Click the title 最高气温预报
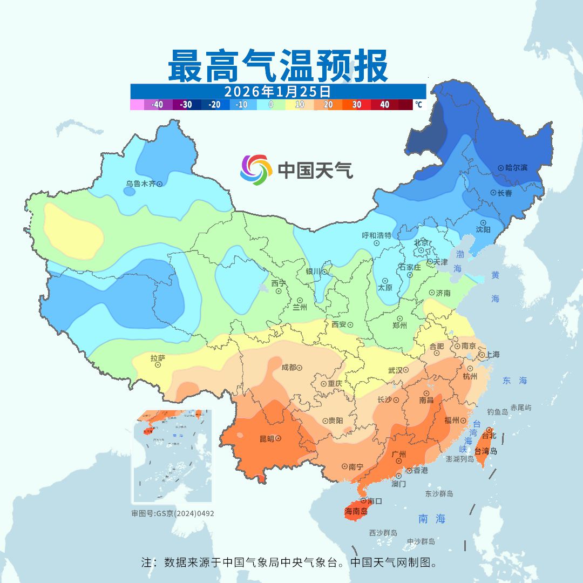pyautogui.click(x=277, y=66)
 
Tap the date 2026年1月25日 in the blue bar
pyautogui.click(x=277, y=91)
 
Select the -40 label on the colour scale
pyautogui.click(x=158, y=105)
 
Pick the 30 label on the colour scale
pyautogui.click(x=357, y=105)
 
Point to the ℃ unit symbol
pyautogui.click(x=418, y=105)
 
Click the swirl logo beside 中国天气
pyautogui.click(x=256, y=170)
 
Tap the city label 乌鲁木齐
pyautogui.click(x=140, y=184)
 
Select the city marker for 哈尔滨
pyautogui.click(x=500, y=168)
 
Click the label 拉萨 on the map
pyautogui.click(x=158, y=357)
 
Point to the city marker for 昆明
pyautogui.click(x=278, y=439)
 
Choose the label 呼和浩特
pyautogui.click(x=376, y=235)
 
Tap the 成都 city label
pyautogui.click(x=288, y=368)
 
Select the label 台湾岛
pyautogui.click(x=486, y=451)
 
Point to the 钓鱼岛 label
pyautogui.click(x=497, y=412)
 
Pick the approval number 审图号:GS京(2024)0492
pyautogui.click(x=172, y=513)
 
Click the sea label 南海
pyautogui.click(x=432, y=519)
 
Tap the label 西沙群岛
pyautogui.click(x=383, y=533)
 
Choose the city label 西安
pyautogui.click(x=338, y=324)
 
